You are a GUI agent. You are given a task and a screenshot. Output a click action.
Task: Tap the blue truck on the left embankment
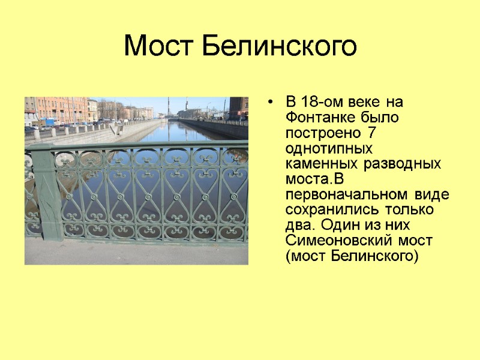pyautogui.click(x=49, y=122)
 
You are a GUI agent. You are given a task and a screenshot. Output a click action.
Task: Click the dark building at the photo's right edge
pyautogui.click(x=239, y=108)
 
